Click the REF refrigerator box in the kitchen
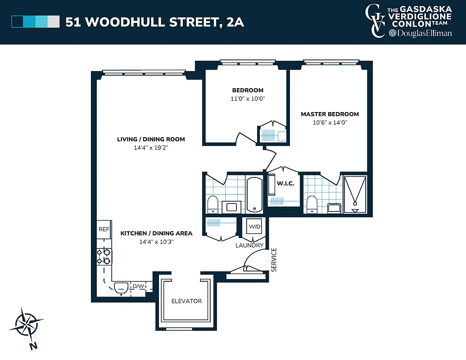pyautogui.click(x=104, y=229)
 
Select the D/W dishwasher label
pyautogui.click(x=138, y=286)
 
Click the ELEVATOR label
pyautogui.click(x=186, y=301)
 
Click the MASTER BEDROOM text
pyautogui.click(x=330, y=114)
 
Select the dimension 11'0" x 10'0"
pyautogui.click(x=248, y=98)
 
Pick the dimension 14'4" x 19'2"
pyautogui.click(x=151, y=147)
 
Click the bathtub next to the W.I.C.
pyautogui.click(x=255, y=194)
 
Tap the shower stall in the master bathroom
pyautogui.click(x=355, y=194)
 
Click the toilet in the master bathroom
pyautogui.click(x=311, y=204)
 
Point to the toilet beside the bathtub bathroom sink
pyautogui.click(x=213, y=204)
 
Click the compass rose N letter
pyautogui.click(x=33, y=346)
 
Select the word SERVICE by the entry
pyautogui.click(x=274, y=260)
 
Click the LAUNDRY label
pyautogui.click(x=249, y=245)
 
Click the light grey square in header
pyautogui.click(x=54, y=22)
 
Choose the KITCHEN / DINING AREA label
pyautogui.click(x=156, y=233)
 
